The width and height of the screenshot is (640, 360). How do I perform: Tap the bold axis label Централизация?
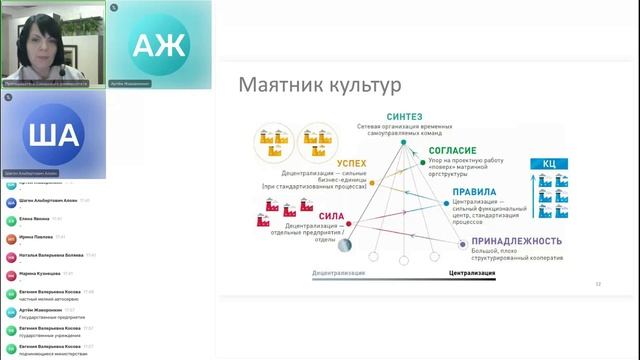pos(466,272)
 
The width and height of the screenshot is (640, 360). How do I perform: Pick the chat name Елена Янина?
pos(34,218)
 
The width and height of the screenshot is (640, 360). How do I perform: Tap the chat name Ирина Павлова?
pos(36,237)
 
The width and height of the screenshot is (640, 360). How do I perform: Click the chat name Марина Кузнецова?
pos(40,273)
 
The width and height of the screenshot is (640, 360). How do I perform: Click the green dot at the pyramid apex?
pos(404,143)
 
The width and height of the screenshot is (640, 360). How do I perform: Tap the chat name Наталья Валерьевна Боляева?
pos(50,255)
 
